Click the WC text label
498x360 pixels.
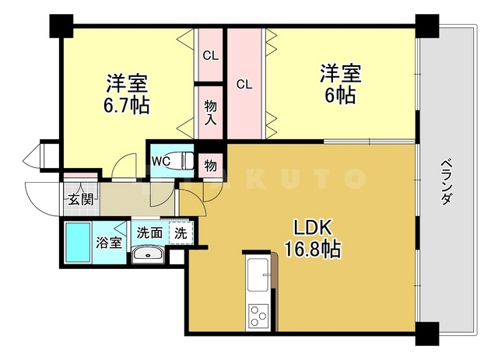click(161, 161)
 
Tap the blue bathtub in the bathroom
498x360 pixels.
click(78, 242)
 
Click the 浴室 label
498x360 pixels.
click(109, 243)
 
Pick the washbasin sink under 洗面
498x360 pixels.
click(146, 254)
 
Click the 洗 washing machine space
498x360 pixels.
click(181, 231)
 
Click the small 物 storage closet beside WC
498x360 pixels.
click(210, 163)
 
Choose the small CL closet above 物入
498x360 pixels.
click(210, 55)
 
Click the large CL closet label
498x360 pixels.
click(244, 84)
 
